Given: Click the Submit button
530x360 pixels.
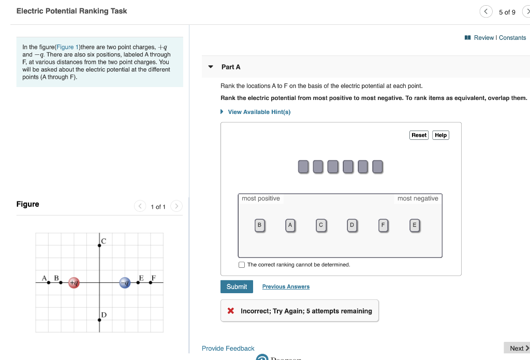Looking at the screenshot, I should [x=237, y=286].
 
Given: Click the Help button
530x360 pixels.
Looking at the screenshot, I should [x=440, y=135].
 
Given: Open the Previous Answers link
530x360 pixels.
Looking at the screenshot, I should [x=286, y=286].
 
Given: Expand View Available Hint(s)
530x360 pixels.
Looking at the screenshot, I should [x=259, y=112].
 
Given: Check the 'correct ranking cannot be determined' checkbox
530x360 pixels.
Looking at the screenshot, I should [x=242, y=265].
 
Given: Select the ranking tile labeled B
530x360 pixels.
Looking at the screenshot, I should [x=260, y=225].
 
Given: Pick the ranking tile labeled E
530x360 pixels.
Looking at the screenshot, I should [x=414, y=225].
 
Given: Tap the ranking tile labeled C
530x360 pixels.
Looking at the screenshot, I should [x=321, y=225].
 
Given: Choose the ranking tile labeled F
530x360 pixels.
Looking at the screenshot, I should [x=383, y=225].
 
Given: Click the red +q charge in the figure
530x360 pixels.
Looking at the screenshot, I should [x=74, y=282].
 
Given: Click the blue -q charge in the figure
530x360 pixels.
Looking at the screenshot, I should [x=125, y=282].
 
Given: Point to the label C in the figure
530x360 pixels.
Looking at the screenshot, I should [x=104, y=241].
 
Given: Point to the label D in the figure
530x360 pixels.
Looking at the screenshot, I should [x=104, y=314].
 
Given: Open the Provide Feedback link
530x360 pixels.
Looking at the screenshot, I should [x=228, y=349].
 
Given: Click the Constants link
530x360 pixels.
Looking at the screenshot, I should [x=512, y=38].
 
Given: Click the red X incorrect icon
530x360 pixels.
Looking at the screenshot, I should [x=231, y=311].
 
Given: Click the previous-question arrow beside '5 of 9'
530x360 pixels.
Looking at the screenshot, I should [x=485, y=12].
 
